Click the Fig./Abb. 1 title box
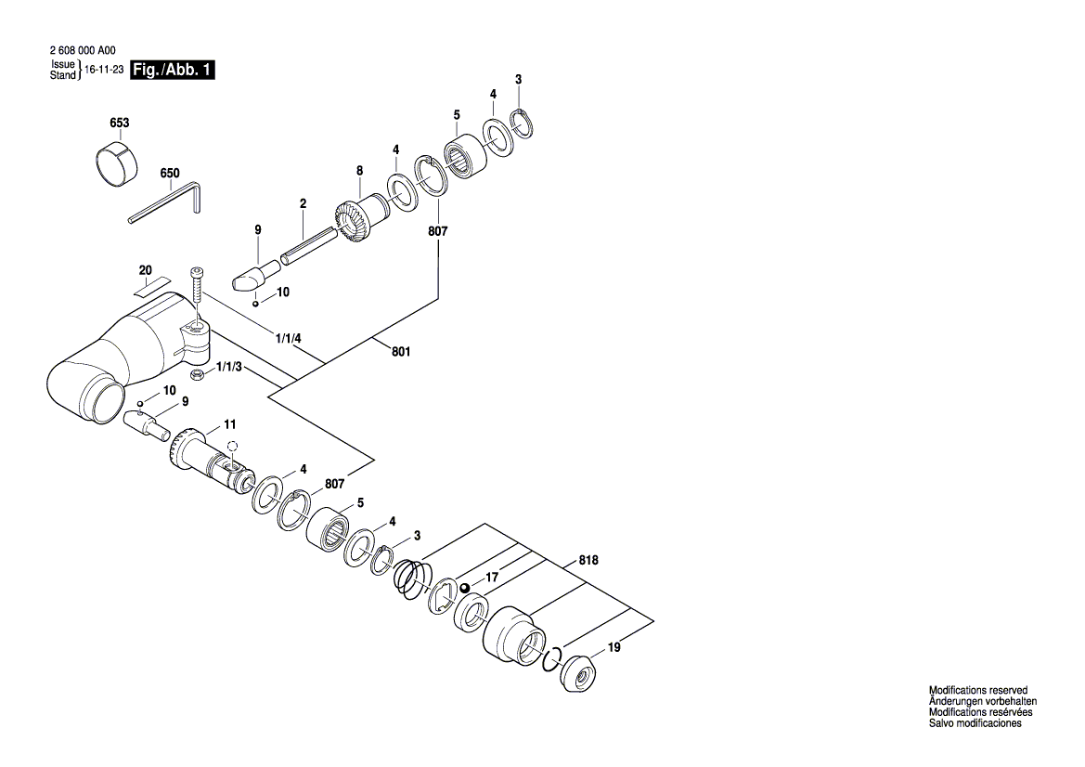click(174, 71)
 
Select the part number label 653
click(119, 123)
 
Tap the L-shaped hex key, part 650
click(167, 202)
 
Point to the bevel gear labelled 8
click(356, 221)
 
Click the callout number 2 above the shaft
click(303, 203)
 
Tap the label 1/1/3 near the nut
click(230, 369)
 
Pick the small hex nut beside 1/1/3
click(197, 375)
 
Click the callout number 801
click(401, 352)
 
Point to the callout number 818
click(588, 561)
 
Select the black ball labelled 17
click(465, 588)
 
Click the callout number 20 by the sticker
click(145, 270)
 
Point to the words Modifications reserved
click(978, 690)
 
